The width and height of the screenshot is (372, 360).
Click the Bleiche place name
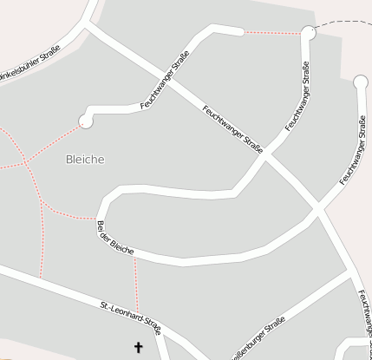click(x=85, y=160)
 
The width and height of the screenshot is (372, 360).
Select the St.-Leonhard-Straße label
click(x=130, y=317)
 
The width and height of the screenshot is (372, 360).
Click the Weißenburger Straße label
click(x=256, y=340)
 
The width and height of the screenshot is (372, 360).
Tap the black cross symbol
click(x=137, y=348)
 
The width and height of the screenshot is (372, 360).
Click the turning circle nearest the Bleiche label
click(x=85, y=121)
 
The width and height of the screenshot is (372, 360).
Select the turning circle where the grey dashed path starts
click(x=308, y=33)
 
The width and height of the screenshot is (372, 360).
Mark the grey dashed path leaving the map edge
click(x=347, y=23)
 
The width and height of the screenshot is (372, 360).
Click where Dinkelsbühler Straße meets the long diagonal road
click(x=87, y=28)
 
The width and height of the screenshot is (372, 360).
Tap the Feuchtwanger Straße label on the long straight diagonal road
click(x=232, y=128)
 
